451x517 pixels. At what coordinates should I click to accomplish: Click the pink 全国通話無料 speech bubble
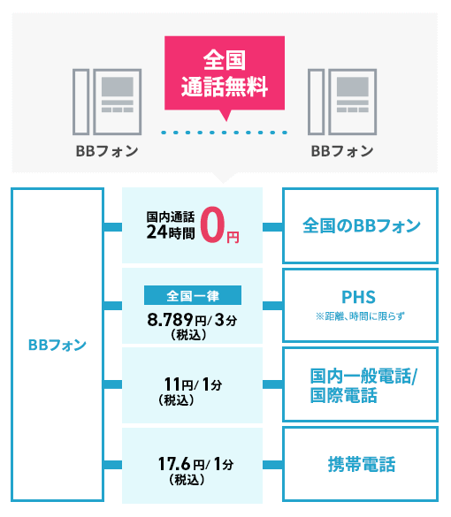(225, 74)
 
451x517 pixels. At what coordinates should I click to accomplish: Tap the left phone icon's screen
(118, 87)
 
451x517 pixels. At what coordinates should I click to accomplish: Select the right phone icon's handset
(316, 102)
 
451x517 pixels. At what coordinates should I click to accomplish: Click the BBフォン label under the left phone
(107, 151)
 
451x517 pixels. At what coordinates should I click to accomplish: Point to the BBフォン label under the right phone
(342, 151)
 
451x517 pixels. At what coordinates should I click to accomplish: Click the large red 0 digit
(212, 224)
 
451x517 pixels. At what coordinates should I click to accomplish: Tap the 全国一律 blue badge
(193, 295)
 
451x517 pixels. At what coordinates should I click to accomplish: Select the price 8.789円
(177, 320)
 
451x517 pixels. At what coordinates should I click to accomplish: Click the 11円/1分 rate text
(193, 384)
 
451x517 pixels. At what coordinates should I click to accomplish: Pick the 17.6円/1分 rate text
(196, 464)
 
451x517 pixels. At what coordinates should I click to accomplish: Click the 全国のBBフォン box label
(362, 226)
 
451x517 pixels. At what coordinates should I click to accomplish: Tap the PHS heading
(359, 297)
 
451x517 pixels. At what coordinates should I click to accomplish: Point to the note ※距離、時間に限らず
(360, 316)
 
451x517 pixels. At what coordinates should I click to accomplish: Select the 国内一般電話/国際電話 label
(363, 385)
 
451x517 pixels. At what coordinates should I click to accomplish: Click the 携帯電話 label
(362, 464)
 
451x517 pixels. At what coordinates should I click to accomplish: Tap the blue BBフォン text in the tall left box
(57, 346)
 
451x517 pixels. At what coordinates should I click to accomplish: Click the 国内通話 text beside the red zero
(171, 217)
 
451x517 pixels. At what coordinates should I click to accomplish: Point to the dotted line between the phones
(225, 133)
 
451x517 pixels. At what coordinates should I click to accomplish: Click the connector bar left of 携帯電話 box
(272, 465)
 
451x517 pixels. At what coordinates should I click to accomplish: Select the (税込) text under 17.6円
(187, 479)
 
